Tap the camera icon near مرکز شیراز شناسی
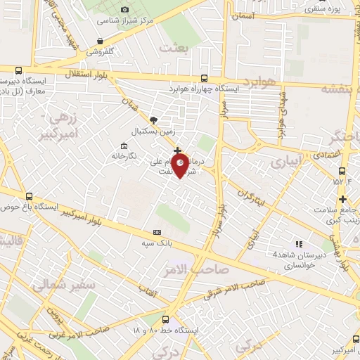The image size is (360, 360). click(124, 9)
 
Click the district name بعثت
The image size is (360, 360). click(176, 49)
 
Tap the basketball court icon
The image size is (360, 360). click(154, 120)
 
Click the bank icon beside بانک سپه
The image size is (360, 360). click(156, 233)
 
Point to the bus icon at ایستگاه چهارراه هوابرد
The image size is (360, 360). click(204, 78)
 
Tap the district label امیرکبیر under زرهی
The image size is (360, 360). click(57, 134)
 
